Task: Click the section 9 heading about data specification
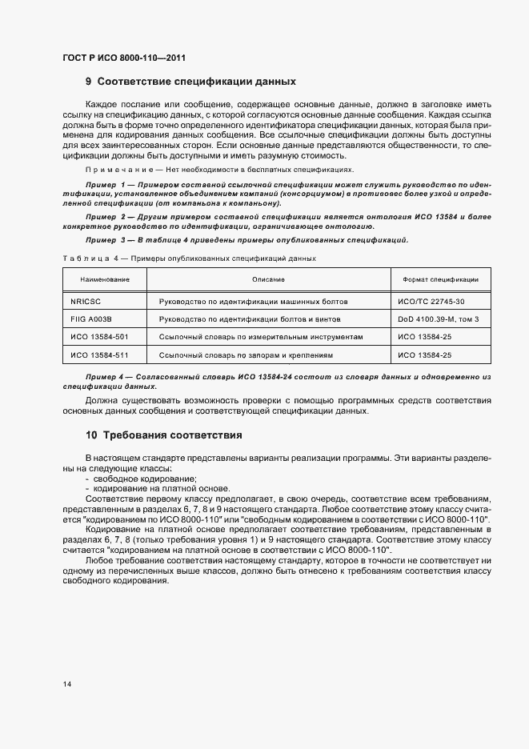190,82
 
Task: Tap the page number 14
67,684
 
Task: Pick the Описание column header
269,279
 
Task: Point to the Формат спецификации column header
435,279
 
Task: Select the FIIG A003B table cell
90,318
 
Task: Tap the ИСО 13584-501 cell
99,337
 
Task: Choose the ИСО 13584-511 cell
99,354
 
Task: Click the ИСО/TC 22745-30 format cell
430,300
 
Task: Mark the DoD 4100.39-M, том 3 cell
435,318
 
